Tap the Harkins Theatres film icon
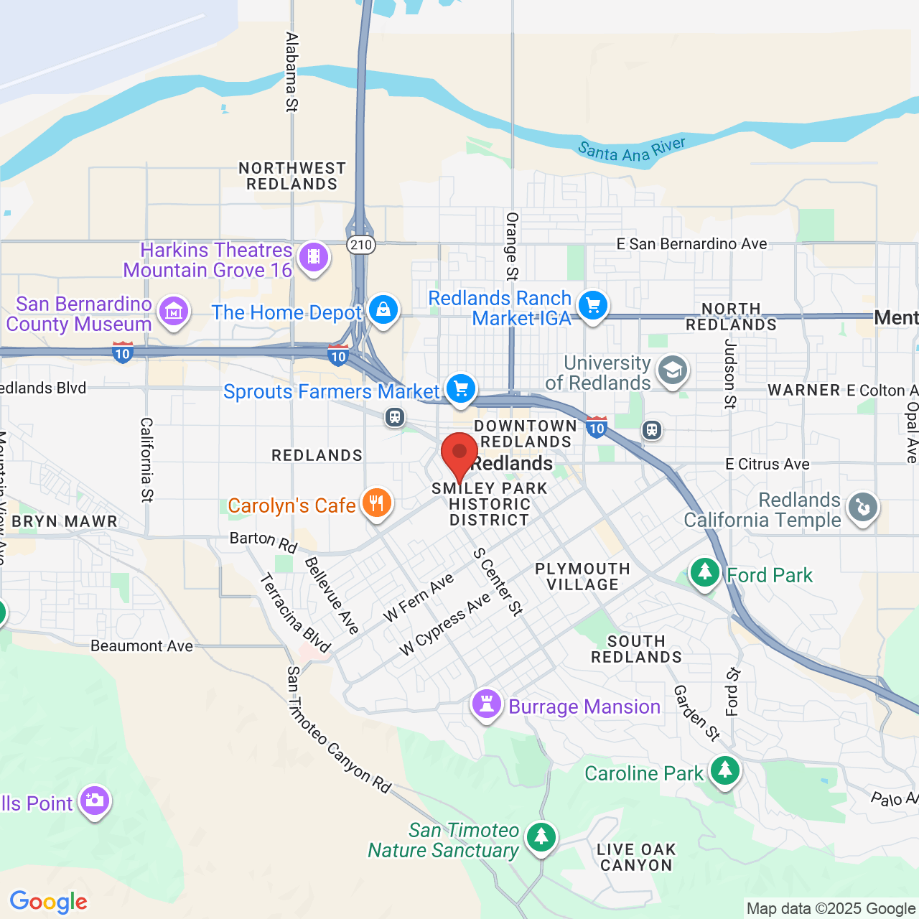coord(314,256)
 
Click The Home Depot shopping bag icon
coord(383,309)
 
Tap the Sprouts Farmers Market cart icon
coord(461,389)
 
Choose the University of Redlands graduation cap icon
coord(673,371)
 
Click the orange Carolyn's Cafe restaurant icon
coord(376,503)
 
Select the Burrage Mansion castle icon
coord(486,704)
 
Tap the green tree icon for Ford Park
coord(704,573)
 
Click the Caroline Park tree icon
coord(725,770)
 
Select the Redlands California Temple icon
coord(862,508)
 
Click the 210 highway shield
coord(360,245)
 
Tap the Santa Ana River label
coord(632,150)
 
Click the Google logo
coord(49,902)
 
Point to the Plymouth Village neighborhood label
coord(582,577)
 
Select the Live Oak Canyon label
coord(636,857)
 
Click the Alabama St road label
coord(291,72)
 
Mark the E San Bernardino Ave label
coord(691,244)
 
